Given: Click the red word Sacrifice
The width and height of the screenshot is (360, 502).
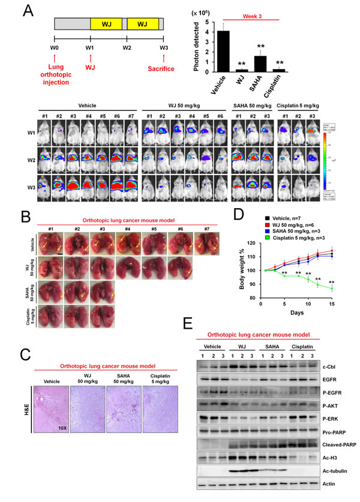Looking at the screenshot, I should (163, 68).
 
